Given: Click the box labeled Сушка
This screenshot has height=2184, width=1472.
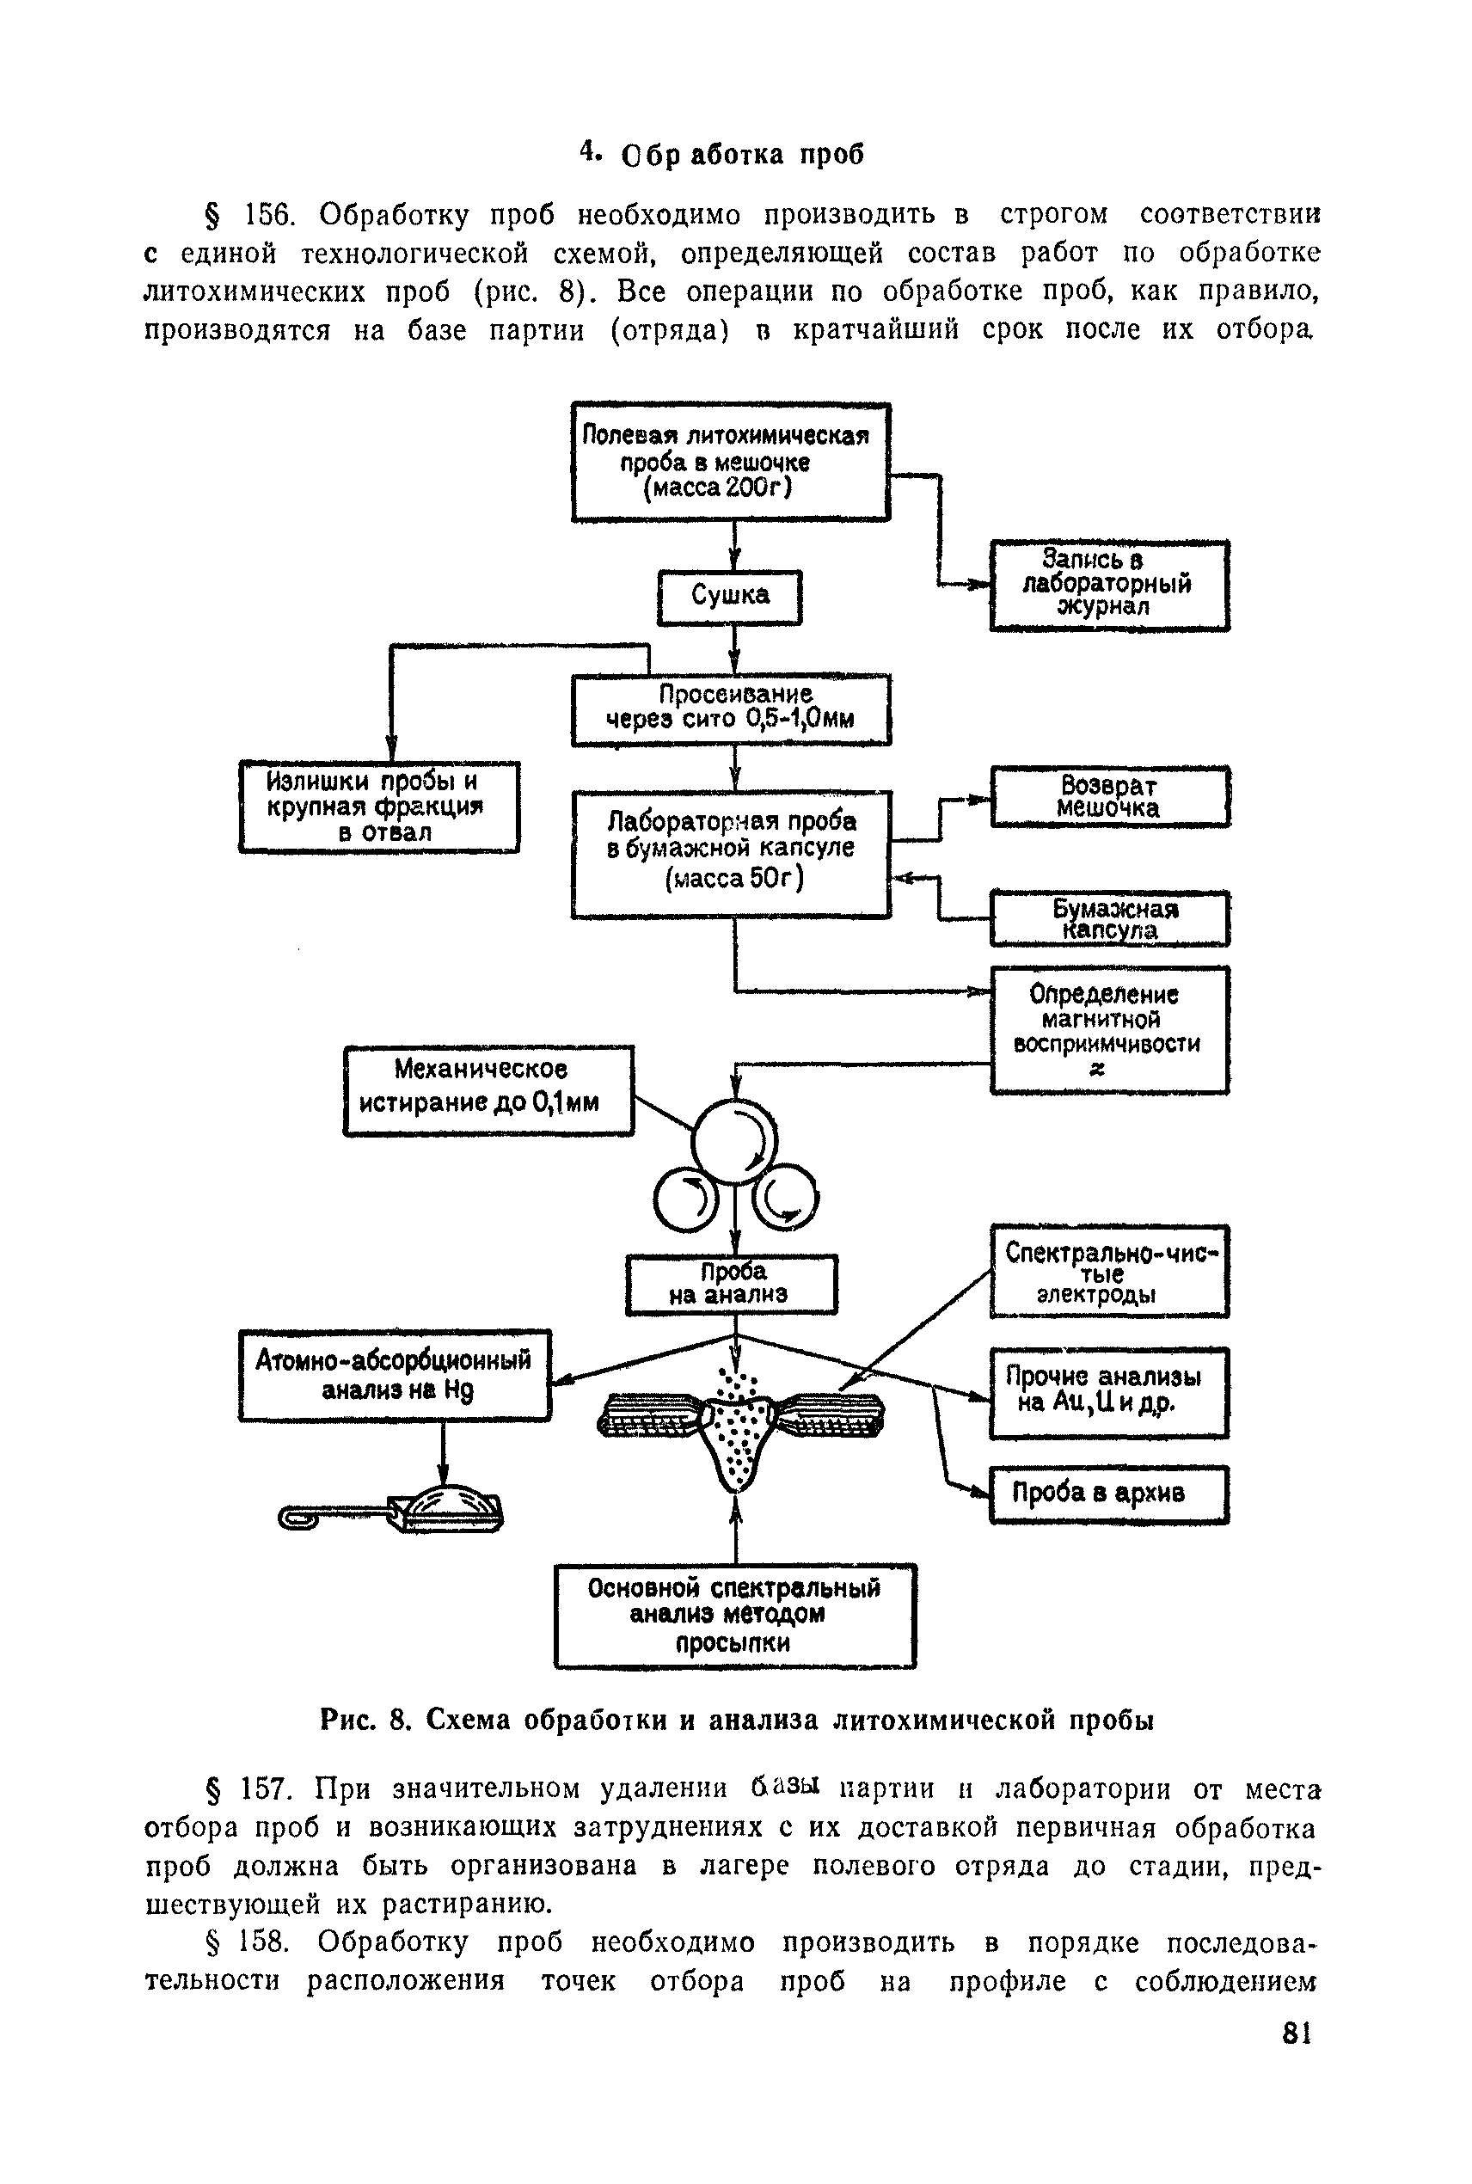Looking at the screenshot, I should click(x=729, y=597).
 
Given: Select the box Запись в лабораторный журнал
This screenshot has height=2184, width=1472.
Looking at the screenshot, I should click(x=1108, y=585).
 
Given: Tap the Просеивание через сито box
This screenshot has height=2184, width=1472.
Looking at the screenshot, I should click(x=730, y=709).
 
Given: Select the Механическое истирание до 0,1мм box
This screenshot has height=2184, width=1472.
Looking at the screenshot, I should click(x=488, y=1090).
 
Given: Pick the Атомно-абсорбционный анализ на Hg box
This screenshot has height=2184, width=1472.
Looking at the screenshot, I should click(x=395, y=1375).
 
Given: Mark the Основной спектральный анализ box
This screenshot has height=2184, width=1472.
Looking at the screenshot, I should click(x=734, y=1616).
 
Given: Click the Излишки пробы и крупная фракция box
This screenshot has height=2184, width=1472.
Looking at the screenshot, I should click(x=378, y=807).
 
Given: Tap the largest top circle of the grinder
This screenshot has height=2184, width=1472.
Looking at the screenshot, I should click(x=734, y=1143).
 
